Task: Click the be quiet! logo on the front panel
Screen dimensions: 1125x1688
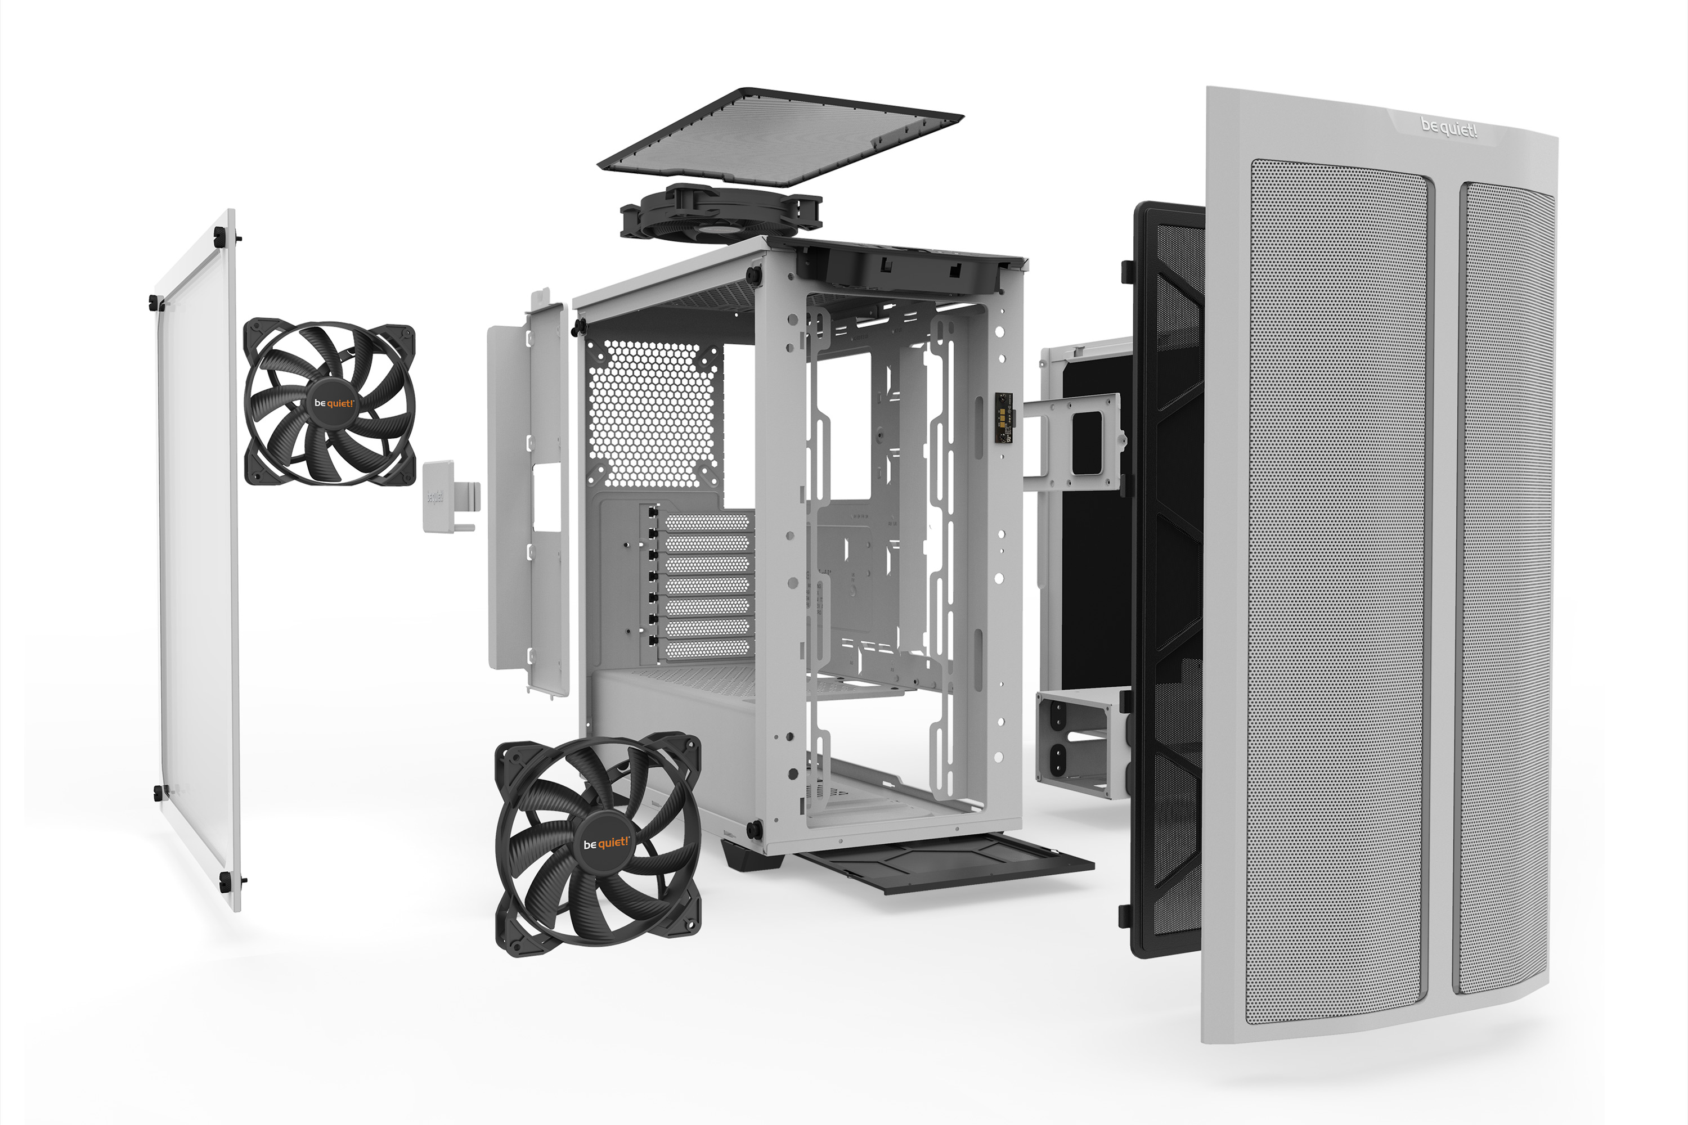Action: tap(1448, 128)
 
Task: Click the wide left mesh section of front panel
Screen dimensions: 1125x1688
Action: tap(1336, 588)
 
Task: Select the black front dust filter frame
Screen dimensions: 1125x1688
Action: tap(1166, 574)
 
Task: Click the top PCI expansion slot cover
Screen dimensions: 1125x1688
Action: tap(707, 521)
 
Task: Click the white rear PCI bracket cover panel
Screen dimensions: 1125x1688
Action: tap(529, 495)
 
